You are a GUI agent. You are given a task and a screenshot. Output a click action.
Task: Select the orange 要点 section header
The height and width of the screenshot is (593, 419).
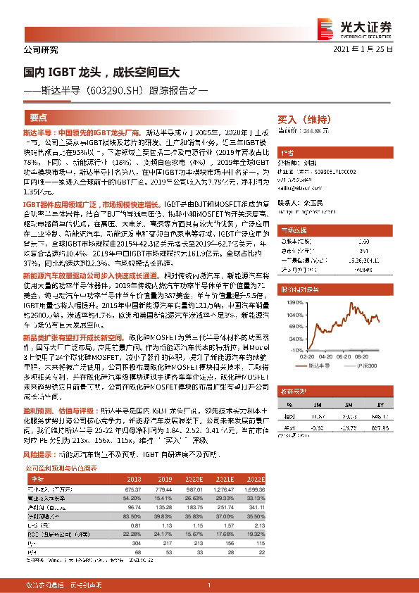tap(39, 118)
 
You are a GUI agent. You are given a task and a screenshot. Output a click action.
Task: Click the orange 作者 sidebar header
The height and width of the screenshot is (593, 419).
tap(287, 152)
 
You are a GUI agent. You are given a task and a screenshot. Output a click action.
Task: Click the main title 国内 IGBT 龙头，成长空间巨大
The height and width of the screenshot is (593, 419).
tap(101, 72)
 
